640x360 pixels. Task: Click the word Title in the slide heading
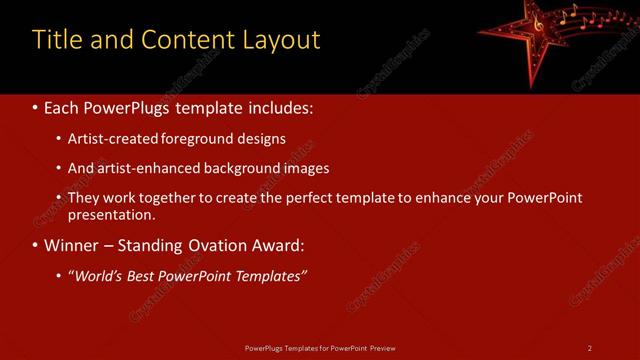[x=56, y=40]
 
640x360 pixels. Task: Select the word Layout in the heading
[x=282, y=40]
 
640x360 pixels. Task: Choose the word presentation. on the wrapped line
[x=112, y=215]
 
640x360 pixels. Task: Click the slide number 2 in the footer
[x=590, y=347]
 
